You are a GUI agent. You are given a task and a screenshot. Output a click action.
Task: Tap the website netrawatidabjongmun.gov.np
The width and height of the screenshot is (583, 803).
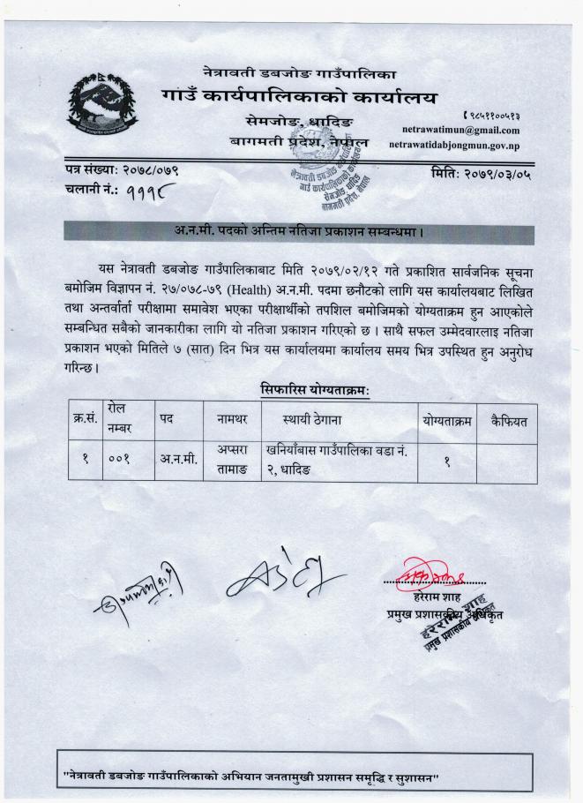tap(454, 145)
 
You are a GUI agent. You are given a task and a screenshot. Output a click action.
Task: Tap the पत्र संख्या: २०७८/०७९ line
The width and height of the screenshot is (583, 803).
tap(123, 169)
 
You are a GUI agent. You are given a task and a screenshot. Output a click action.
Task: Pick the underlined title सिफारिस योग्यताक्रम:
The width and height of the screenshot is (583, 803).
tap(314, 388)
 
